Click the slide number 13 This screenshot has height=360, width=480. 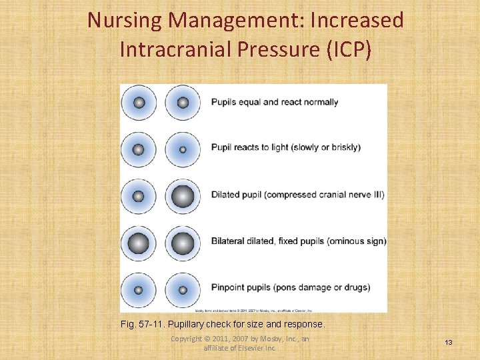coord(449,342)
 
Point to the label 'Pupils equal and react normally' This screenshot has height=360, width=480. coord(275,103)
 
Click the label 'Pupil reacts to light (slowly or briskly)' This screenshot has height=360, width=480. coord(286,147)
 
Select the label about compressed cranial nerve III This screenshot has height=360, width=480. coord(297,195)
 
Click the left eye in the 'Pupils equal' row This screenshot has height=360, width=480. coord(139,103)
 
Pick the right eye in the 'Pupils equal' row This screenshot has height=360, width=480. coord(183,103)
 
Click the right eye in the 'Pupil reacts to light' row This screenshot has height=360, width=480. coord(183,149)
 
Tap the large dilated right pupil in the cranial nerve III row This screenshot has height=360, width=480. coord(183,197)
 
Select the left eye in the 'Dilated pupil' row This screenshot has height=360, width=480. coord(139,197)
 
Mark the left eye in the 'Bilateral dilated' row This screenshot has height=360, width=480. coord(139,243)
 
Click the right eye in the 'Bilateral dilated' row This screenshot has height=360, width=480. coord(183,243)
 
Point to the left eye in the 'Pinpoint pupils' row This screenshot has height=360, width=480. coord(139,290)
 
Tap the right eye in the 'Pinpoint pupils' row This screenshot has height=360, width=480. coord(183,290)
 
